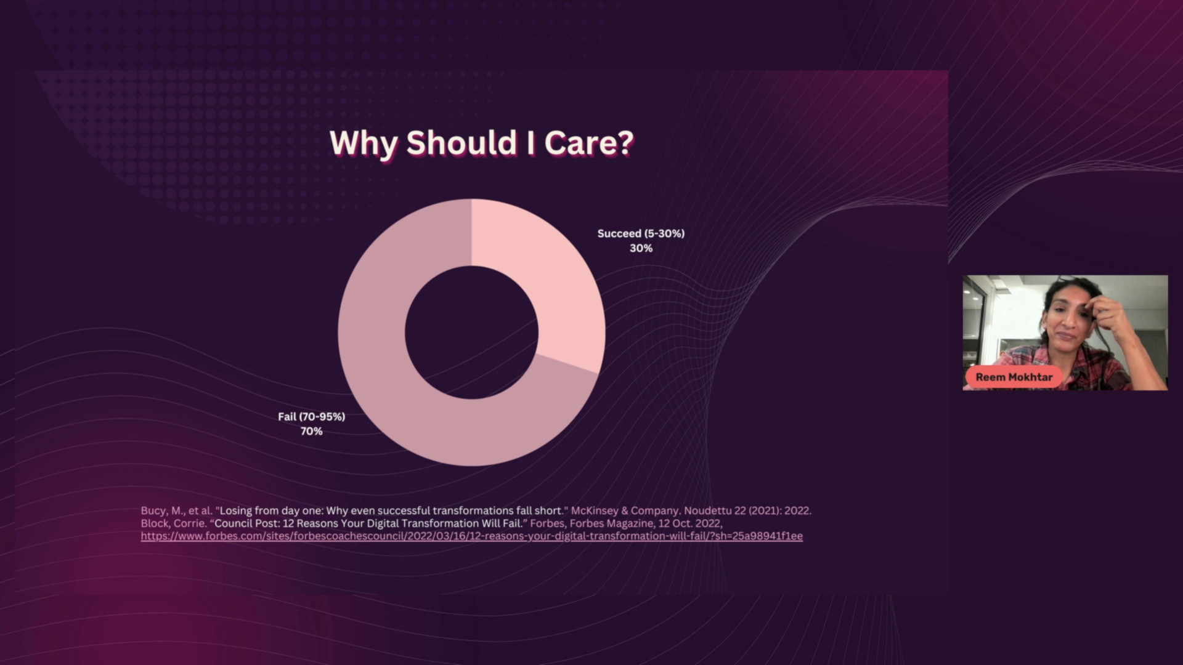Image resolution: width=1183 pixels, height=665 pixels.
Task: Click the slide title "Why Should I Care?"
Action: tap(481, 143)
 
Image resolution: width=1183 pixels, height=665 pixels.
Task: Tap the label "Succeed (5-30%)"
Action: tap(641, 233)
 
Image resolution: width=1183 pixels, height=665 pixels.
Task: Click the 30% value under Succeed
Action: tap(641, 248)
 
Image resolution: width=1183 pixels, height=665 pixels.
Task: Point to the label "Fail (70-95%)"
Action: tap(311, 417)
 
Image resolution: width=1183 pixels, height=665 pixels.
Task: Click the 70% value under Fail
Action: tap(311, 432)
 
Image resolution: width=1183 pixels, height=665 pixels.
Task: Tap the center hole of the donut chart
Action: tap(471, 332)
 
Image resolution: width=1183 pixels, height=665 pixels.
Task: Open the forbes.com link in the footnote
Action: tap(471, 536)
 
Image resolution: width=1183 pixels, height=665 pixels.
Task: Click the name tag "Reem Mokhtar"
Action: tap(1014, 377)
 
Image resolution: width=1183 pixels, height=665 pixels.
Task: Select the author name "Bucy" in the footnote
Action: tap(154, 510)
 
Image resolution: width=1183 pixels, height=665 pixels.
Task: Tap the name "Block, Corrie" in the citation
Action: tap(173, 523)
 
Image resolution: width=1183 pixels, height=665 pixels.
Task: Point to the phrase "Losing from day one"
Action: tap(271, 510)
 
